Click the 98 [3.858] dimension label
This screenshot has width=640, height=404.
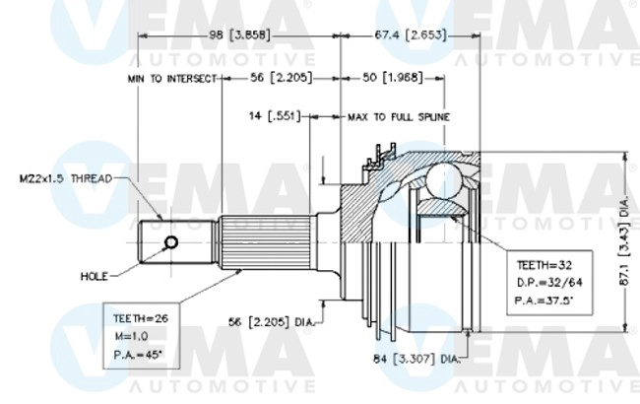[x=241, y=35]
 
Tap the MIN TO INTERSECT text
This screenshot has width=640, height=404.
[x=170, y=77]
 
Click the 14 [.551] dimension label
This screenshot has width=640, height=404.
[x=273, y=116]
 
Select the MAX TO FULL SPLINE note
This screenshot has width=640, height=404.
[x=399, y=116]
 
